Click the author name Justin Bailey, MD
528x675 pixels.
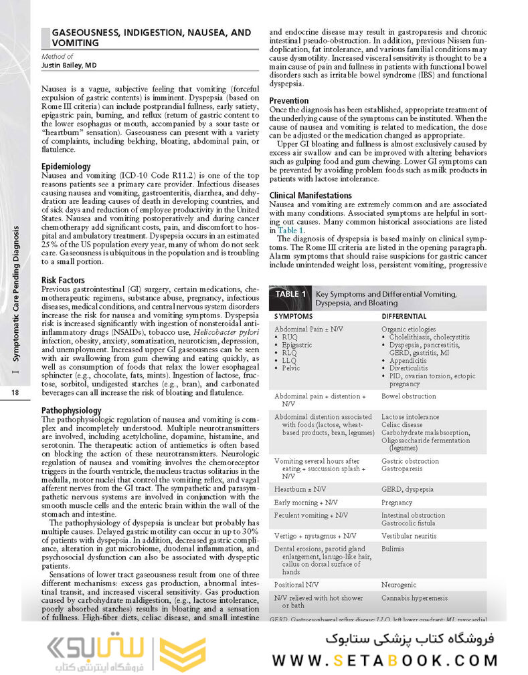pos(69,65)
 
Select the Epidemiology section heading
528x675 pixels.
pos(67,166)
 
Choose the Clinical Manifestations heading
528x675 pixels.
pos(311,195)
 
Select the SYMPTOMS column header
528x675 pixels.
pos(294,315)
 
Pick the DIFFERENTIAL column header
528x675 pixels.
pos(404,315)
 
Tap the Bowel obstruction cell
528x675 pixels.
pos(408,396)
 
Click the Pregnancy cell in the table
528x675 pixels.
pos(398,502)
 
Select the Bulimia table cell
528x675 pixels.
pos(393,548)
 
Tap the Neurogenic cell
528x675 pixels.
pos(400,584)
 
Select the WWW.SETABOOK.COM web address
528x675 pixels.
pos(386,660)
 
